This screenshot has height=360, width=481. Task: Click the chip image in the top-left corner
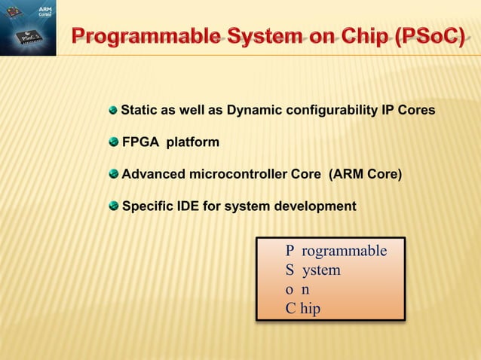[x=28, y=28]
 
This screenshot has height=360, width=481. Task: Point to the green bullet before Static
[x=114, y=110]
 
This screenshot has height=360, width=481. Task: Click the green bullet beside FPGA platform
[x=114, y=142]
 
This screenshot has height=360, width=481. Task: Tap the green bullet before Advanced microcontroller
[x=114, y=174]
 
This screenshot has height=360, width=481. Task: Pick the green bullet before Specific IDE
[x=114, y=206]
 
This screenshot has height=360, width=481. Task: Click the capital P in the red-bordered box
[x=290, y=251]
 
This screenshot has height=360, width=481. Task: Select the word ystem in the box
[x=321, y=270]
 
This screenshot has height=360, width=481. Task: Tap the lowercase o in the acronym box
[x=289, y=289]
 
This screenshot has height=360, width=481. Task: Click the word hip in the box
[x=310, y=308]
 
